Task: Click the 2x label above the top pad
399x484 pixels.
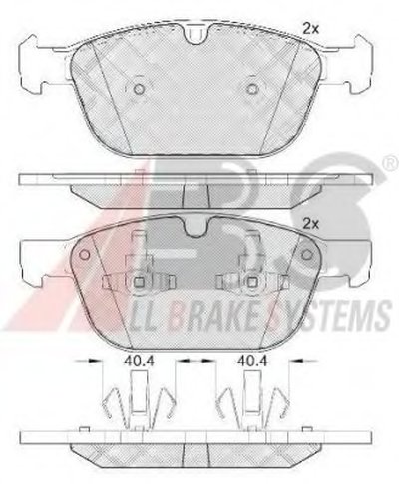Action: coord(310,29)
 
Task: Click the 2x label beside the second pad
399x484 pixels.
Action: coord(310,225)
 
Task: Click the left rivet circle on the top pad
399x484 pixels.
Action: coord(139,89)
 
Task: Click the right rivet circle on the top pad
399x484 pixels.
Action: coord(253,89)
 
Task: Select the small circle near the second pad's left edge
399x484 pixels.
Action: coord(85,255)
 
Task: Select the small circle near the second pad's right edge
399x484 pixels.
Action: coord(306,255)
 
